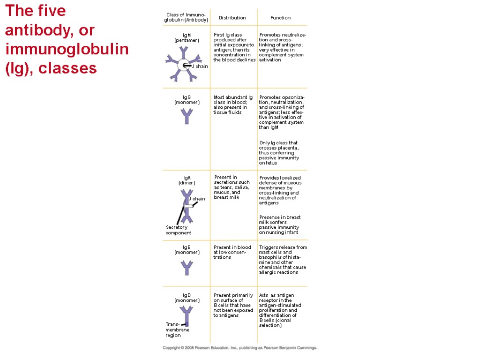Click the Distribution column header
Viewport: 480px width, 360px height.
point(232,18)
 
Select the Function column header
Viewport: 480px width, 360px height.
point(280,18)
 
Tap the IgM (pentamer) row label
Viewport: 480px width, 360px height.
point(187,37)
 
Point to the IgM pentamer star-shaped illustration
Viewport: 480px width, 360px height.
point(182,66)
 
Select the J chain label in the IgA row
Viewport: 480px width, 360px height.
point(197,199)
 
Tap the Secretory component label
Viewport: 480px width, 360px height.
point(178,230)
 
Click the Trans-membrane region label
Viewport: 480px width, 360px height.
point(177,330)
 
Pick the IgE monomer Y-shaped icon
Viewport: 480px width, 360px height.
point(187,268)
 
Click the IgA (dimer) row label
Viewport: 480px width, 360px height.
point(187,180)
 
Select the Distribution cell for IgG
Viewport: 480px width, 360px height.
point(233,105)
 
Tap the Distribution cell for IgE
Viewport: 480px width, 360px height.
point(232,252)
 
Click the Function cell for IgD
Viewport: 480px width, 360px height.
point(280,310)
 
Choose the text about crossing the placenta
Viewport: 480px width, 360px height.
point(278,153)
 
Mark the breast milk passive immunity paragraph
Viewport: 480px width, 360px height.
point(280,225)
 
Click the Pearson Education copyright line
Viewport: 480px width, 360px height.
point(240,348)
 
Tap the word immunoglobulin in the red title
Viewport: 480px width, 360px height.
point(67,49)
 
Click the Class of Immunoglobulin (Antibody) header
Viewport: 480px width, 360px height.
point(186,18)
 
